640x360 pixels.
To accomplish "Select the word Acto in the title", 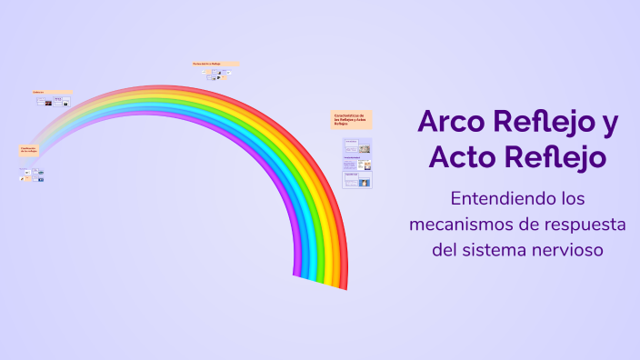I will click(x=462, y=157).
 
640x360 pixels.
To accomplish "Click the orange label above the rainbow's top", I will click(x=215, y=64).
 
